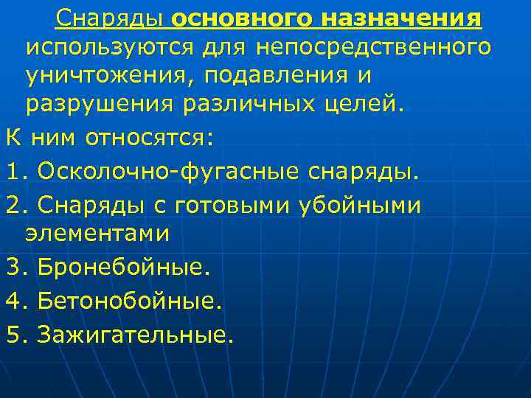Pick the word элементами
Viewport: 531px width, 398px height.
(x=97, y=234)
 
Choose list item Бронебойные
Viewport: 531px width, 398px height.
(x=123, y=268)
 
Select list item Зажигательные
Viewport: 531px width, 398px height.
(x=136, y=335)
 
